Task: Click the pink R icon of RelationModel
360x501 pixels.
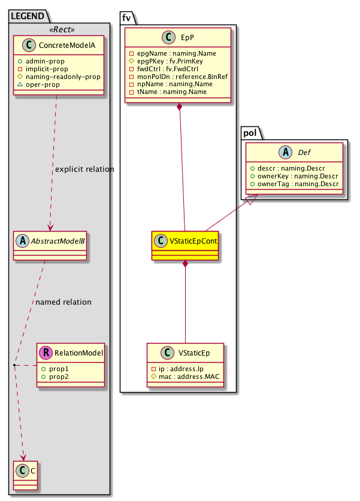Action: (x=46, y=353)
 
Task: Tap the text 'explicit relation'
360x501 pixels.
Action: (x=84, y=169)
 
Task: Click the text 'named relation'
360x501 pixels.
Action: (x=63, y=302)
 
